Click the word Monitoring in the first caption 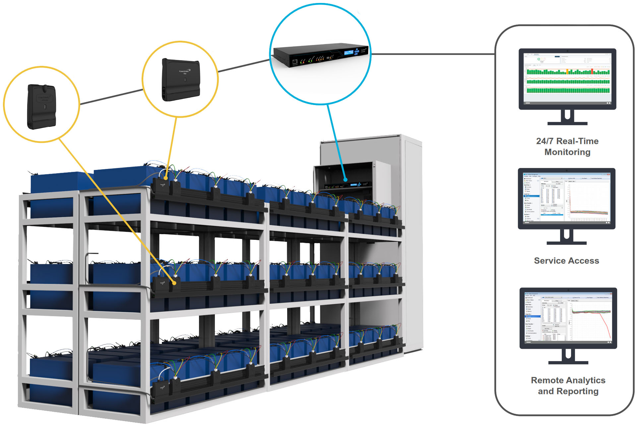[x=567, y=152]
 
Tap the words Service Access [x=566, y=261]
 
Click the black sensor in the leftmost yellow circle [x=41, y=107]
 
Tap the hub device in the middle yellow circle [x=181, y=80]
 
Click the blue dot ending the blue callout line [x=345, y=180]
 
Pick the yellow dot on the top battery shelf [x=166, y=178]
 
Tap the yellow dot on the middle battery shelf [x=174, y=283]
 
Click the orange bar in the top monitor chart [x=567, y=71]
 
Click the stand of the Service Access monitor [x=566, y=236]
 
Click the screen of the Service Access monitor [x=566, y=198]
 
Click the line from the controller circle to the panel [x=431, y=54]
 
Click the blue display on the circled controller [x=349, y=53]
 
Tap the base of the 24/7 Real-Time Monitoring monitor [x=567, y=124]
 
